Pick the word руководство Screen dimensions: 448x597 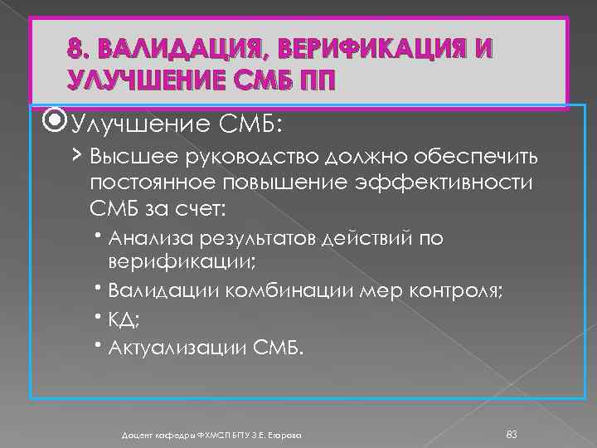(x=235, y=157)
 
